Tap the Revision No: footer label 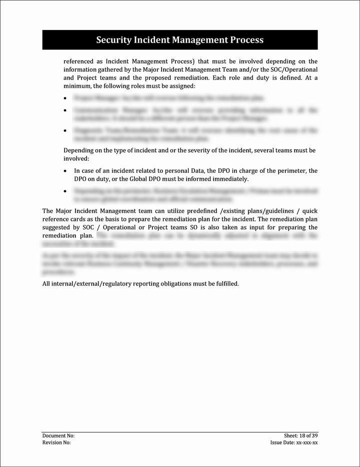click(x=56, y=443)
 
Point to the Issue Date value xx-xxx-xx click(x=307, y=443)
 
